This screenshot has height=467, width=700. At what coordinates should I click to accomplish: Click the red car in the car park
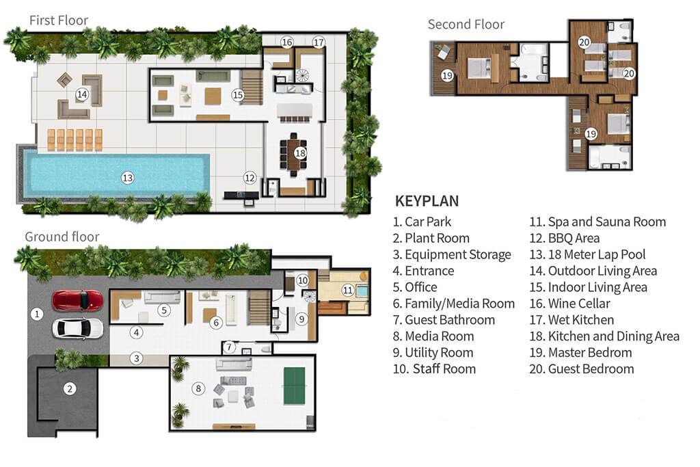[78, 300]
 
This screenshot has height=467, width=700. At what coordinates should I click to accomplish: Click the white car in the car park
[78, 328]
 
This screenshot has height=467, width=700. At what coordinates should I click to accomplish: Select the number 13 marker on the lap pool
[127, 178]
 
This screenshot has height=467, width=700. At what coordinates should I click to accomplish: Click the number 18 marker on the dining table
[299, 153]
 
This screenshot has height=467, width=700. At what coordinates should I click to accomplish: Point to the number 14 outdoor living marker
[82, 94]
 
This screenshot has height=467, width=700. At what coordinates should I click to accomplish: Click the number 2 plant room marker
[69, 389]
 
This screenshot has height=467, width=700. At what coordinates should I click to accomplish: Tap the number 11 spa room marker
[348, 290]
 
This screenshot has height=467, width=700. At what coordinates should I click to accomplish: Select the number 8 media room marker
[198, 389]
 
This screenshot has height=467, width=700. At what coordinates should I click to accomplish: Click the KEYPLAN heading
[427, 201]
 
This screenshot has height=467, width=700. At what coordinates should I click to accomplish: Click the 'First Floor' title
[59, 20]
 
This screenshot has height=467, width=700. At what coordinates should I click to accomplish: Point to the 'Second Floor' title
[466, 25]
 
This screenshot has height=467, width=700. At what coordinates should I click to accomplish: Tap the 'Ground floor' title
[62, 237]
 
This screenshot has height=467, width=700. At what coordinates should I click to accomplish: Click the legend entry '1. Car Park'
[422, 222]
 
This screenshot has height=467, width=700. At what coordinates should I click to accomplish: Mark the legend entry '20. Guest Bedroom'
[581, 369]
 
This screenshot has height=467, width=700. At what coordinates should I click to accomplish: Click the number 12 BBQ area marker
[250, 178]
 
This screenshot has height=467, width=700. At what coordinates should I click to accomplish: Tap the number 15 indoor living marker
[238, 95]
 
